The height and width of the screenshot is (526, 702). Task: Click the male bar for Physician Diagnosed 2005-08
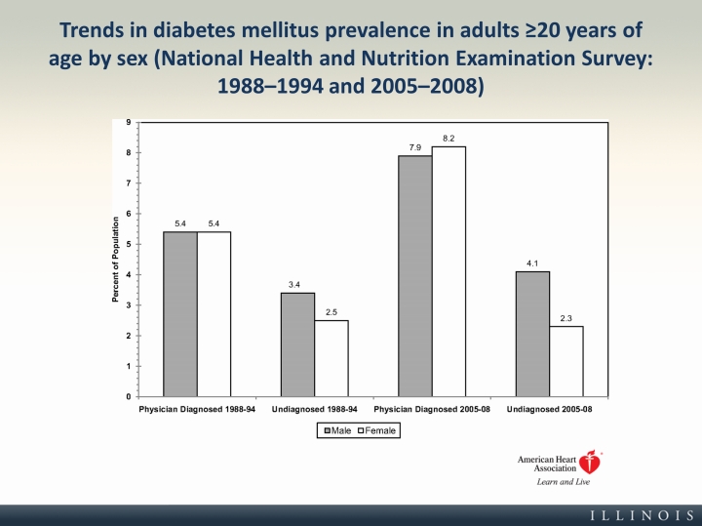tap(415, 276)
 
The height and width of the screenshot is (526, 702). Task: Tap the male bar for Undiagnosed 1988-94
tap(297, 344)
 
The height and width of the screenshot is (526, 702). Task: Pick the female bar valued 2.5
tap(331, 358)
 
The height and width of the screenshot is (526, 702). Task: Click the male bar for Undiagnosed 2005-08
tap(532, 334)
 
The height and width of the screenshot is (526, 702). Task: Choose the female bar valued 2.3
tap(566, 361)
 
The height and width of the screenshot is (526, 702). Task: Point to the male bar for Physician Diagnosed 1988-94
tap(179, 314)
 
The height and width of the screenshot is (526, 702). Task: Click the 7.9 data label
tap(415, 147)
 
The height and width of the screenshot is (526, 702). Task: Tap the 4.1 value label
tap(532, 263)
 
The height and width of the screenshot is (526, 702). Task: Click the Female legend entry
tap(375, 430)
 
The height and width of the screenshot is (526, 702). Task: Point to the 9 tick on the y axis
tap(128, 122)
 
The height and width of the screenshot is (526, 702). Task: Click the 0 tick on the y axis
tap(128, 397)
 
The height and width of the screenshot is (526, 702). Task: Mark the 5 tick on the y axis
tap(128, 244)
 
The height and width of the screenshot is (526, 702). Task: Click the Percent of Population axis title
tap(115, 260)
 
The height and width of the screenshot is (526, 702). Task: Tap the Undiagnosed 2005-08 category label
tap(549, 409)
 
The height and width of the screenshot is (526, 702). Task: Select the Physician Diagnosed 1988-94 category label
tap(197, 409)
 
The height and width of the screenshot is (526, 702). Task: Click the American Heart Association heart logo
tap(588, 464)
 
